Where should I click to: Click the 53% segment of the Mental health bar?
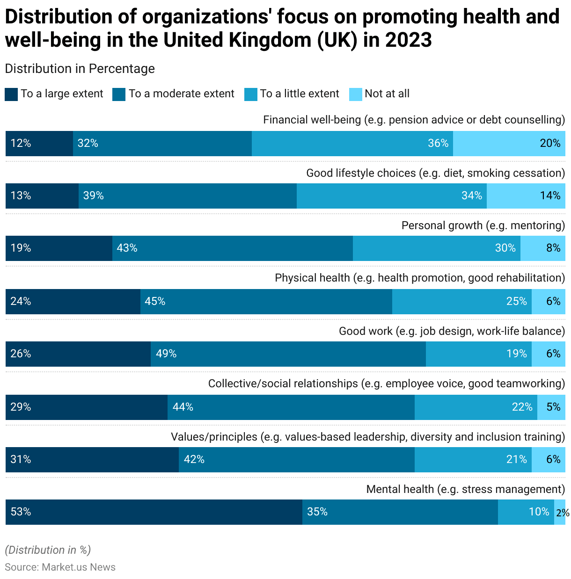point(154,512)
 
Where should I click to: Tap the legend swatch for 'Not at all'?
point(356,94)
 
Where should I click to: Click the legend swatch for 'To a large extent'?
point(11,94)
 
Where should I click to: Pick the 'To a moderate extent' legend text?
point(181,94)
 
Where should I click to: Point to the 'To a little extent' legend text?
point(300,94)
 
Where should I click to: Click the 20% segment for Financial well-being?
point(509,143)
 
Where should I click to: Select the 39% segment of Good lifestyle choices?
point(187,195)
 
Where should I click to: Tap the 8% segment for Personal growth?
point(543,248)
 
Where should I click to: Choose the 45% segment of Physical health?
point(266,301)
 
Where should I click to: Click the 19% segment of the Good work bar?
point(478,354)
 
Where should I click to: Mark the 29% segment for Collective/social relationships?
point(86,407)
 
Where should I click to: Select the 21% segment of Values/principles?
point(473,459)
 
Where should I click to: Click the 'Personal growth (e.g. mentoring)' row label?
point(483,225)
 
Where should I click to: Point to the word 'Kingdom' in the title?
point(271,40)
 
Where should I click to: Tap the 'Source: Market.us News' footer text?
point(60,567)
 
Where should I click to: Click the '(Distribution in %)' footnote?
point(48,550)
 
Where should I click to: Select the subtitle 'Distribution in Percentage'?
point(80,68)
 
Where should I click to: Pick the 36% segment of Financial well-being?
point(352,143)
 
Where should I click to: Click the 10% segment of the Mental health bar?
point(526,512)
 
